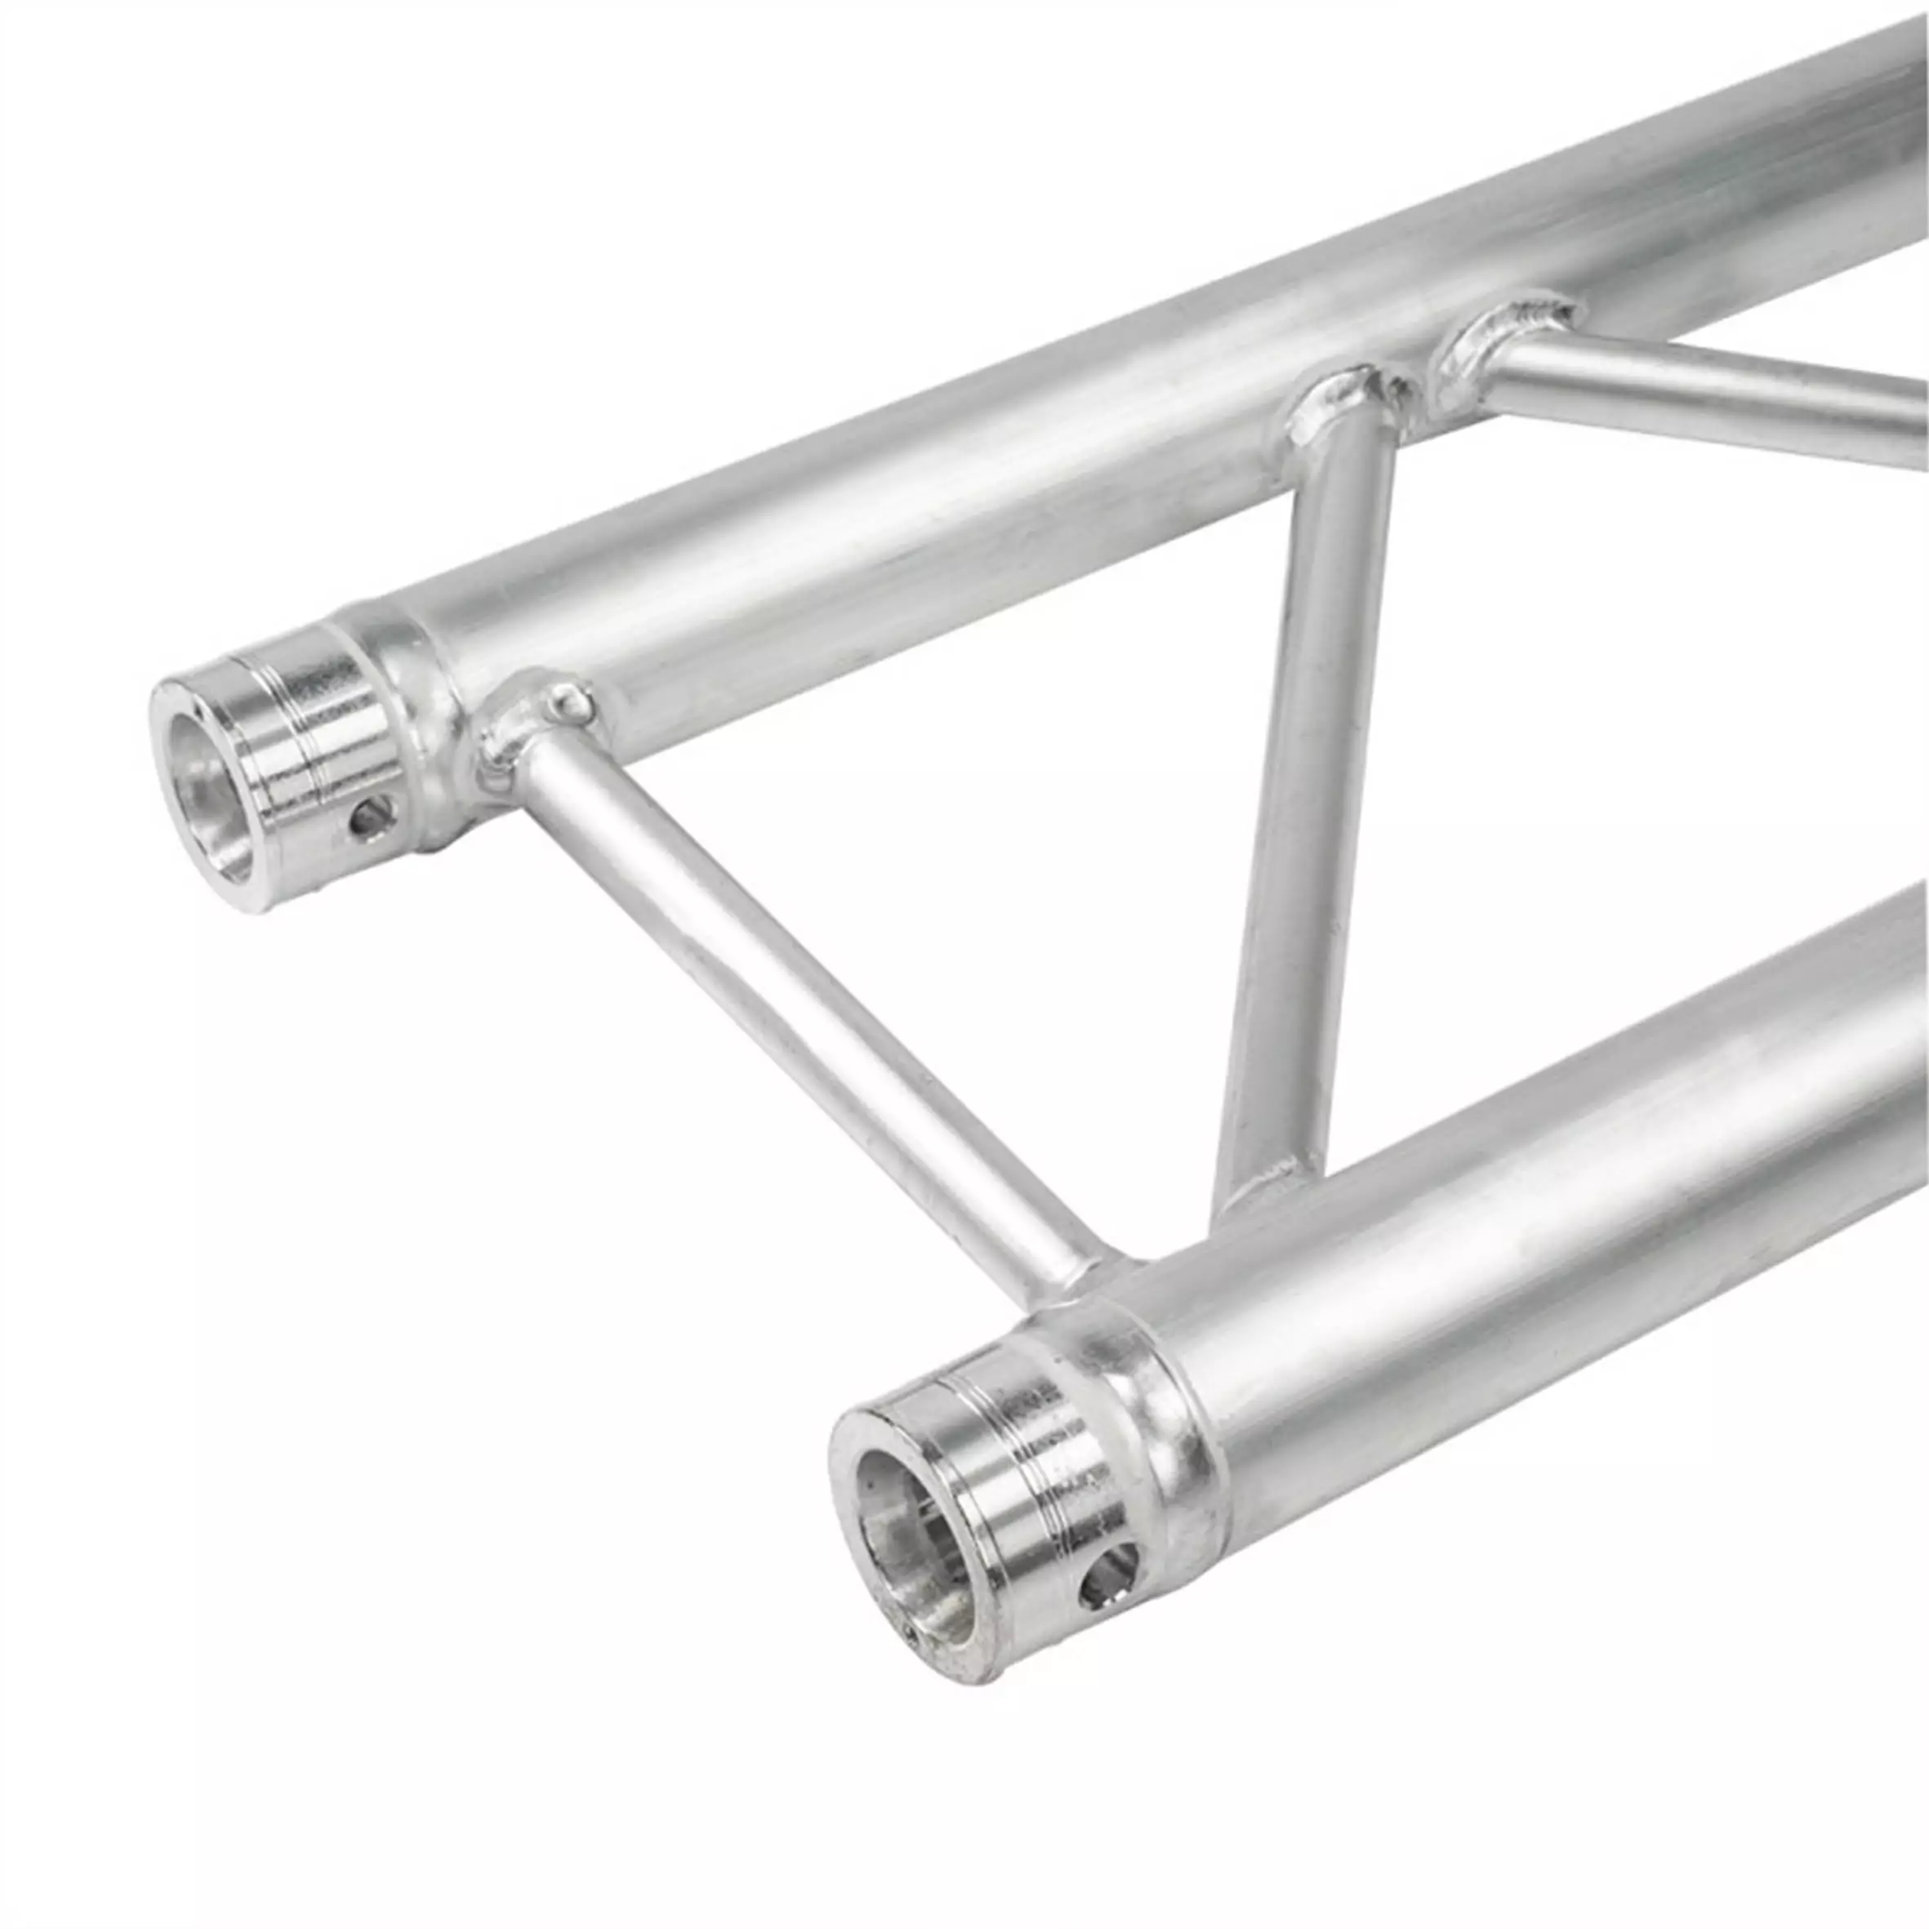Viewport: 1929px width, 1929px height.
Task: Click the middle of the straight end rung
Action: (799, 1009)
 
